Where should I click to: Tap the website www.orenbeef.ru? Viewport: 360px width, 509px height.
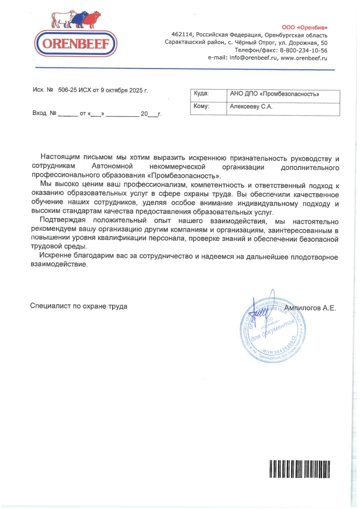304,58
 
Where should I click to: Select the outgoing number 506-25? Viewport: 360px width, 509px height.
67,90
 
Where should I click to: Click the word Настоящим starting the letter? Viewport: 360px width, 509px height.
62,159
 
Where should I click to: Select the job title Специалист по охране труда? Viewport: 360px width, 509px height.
79,306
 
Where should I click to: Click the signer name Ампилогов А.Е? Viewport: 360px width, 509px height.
310,308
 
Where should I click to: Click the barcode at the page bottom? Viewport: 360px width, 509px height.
299,469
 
